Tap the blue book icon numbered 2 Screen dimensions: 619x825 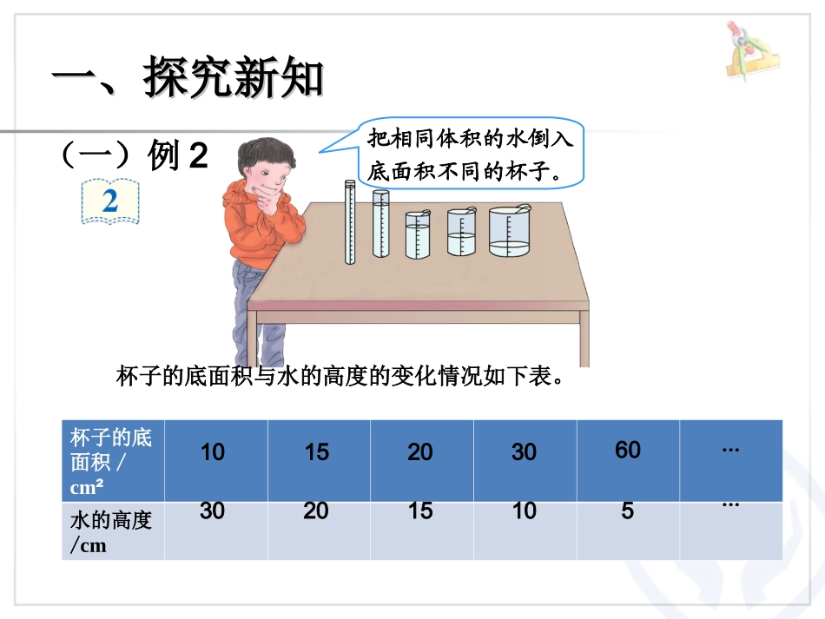[x=110, y=201]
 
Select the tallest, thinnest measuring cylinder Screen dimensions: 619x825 [x=350, y=221]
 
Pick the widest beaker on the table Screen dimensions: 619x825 [x=509, y=232]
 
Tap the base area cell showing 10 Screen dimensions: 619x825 [x=213, y=451]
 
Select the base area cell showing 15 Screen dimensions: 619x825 [x=317, y=451]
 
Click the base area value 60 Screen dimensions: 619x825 [x=628, y=449]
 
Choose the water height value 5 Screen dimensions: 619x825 [x=628, y=511]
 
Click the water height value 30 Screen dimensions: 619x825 [x=213, y=510]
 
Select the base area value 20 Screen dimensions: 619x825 [x=420, y=451]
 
